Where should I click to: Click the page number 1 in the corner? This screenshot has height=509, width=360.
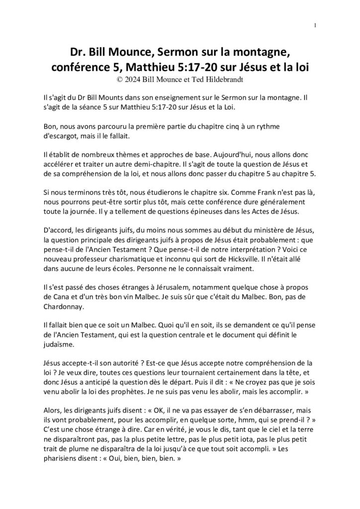(x=316, y=26)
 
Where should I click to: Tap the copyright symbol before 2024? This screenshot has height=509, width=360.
(x=118, y=79)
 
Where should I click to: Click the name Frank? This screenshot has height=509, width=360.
(x=253, y=192)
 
